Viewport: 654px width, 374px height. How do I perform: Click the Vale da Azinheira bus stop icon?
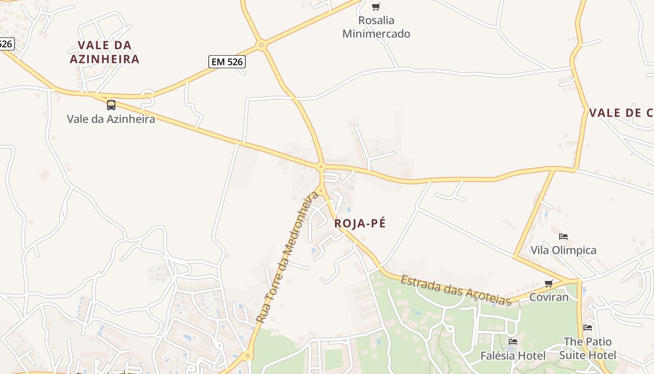[111, 105]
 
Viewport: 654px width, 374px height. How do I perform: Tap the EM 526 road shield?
[227, 62]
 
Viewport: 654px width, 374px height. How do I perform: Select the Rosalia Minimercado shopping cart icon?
[376, 7]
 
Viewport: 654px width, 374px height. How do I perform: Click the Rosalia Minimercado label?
[376, 27]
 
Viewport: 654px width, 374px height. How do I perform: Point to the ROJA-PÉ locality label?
[360, 223]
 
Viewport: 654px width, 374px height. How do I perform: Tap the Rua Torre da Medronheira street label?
[288, 257]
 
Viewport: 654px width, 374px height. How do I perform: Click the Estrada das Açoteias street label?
[456, 290]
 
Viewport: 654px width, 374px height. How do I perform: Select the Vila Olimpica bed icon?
[563, 237]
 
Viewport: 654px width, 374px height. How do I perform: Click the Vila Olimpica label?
[563, 250]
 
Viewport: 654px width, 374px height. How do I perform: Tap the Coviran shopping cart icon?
[549, 283]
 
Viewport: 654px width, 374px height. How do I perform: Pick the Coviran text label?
[549, 297]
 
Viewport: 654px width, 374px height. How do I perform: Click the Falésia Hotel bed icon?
[513, 342]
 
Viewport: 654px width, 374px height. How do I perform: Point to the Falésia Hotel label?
[513, 356]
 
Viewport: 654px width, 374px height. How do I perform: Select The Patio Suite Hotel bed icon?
[588, 328]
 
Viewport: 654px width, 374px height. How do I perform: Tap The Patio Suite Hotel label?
[588, 348]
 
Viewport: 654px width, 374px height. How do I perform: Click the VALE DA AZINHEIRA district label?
[105, 52]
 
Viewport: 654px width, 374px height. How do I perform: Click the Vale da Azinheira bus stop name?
[111, 119]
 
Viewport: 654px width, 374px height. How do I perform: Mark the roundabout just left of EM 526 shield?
[262, 45]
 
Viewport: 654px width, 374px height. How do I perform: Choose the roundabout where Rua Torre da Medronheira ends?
[320, 190]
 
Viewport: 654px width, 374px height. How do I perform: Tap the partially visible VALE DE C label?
[620, 113]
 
